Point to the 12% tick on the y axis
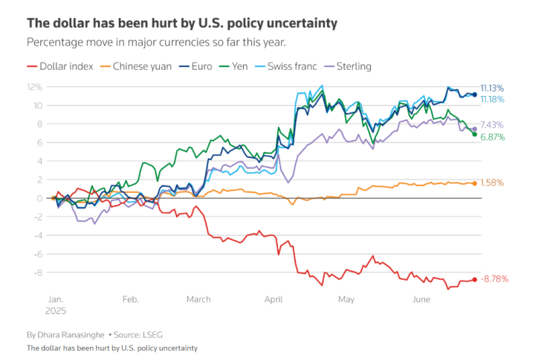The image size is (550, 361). pyautogui.click(x=34, y=87)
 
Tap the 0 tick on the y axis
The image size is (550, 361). pyautogui.click(x=38, y=198)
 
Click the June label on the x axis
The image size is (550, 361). pyautogui.click(x=421, y=299)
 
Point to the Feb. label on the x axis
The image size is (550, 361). pyautogui.click(x=131, y=299)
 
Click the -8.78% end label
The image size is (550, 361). pyautogui.click(x=496, y=279)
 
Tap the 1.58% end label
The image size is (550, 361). pyautogui.click(x=493, y=182)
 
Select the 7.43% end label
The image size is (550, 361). pyautogui.click(x=493, y=125)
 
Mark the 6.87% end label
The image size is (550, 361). pyautogui.click(x=493, y=137)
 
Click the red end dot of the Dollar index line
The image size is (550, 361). pyautogui.click(x=475, y=279)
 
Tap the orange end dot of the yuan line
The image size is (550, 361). pyautogui.click(x=475, y=183)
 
